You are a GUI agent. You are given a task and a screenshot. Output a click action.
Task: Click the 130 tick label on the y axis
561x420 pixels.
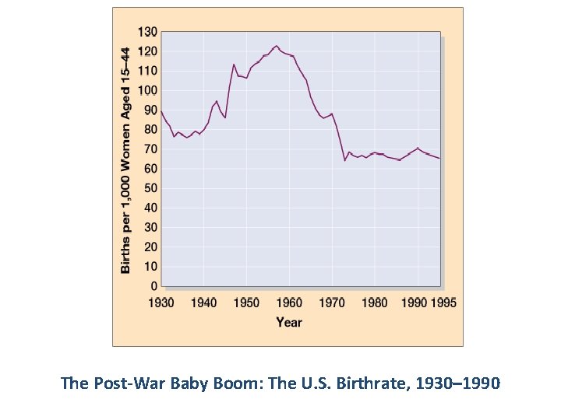tap(147, 32)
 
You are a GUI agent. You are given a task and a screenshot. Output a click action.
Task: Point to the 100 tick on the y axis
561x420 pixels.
tap(147, 90)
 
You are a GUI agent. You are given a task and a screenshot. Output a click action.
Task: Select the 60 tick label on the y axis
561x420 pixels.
tap(150, 169)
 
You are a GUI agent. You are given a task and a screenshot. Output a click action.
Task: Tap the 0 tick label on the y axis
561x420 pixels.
tap(153, 286)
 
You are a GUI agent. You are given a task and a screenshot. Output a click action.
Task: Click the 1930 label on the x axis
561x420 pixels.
tap(161, 302)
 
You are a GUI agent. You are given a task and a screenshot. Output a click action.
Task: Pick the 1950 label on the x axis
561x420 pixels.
tap(246, 302)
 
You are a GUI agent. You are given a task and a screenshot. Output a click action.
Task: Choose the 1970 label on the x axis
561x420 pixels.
tap(332, 302)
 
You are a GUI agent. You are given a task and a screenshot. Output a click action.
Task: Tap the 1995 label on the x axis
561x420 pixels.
tap(443, 302)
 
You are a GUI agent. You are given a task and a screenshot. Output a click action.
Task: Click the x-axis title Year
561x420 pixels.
tap(289, 322)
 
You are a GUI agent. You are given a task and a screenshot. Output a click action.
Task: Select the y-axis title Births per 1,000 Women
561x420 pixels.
tap(125, 159)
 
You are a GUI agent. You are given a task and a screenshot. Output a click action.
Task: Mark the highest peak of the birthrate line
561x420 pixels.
tap(276, 46)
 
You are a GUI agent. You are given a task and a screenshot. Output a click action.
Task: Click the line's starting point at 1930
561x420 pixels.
tap(161, 111)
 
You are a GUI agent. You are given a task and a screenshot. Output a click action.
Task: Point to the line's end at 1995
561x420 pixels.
tap(439, 159)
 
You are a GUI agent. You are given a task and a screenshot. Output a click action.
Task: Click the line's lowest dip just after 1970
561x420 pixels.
tap(344, 160)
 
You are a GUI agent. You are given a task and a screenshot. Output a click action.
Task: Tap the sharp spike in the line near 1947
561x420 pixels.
tap(234, 64)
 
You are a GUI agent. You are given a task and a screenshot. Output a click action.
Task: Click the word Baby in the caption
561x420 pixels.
tap(199, 383)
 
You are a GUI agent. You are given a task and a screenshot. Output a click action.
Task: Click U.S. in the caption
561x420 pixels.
tap(317, 383)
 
